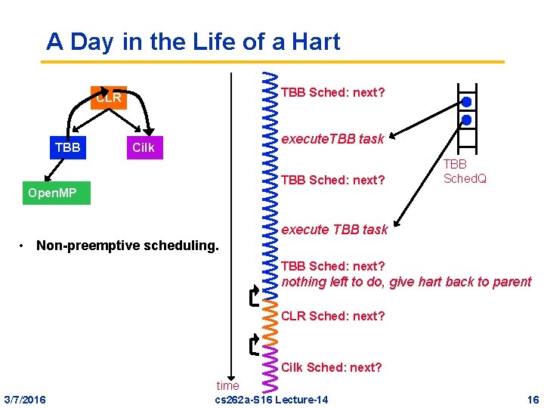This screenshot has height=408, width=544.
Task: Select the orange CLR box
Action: coord(109,98)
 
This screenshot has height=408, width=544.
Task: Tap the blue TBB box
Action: coord(67,147)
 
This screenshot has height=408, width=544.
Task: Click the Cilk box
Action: coord(143,147)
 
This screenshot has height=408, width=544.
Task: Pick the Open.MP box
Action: coord(51,193)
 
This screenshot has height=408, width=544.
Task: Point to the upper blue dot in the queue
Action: coord(467,102)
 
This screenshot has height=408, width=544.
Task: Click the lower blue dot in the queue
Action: coord(467,120)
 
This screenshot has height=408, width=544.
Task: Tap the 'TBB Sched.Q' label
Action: coord(464,172)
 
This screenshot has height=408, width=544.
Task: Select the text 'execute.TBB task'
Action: coord(332,138)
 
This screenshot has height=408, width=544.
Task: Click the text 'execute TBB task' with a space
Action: coord(334,229)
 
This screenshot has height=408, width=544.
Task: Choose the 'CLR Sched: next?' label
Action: coord(332,316)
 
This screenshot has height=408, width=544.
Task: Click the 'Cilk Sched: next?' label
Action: coord(331,367)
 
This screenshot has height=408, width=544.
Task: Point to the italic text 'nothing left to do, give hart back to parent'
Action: coord(406,282)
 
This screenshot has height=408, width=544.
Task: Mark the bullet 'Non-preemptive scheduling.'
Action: coord(127,246)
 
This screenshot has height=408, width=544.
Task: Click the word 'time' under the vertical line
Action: coord(227,385)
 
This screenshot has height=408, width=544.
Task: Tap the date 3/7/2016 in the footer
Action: coord(24,399)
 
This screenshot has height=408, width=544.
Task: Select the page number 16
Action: coord(533,399)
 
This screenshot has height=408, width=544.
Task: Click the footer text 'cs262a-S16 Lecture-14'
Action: coord(272,399)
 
